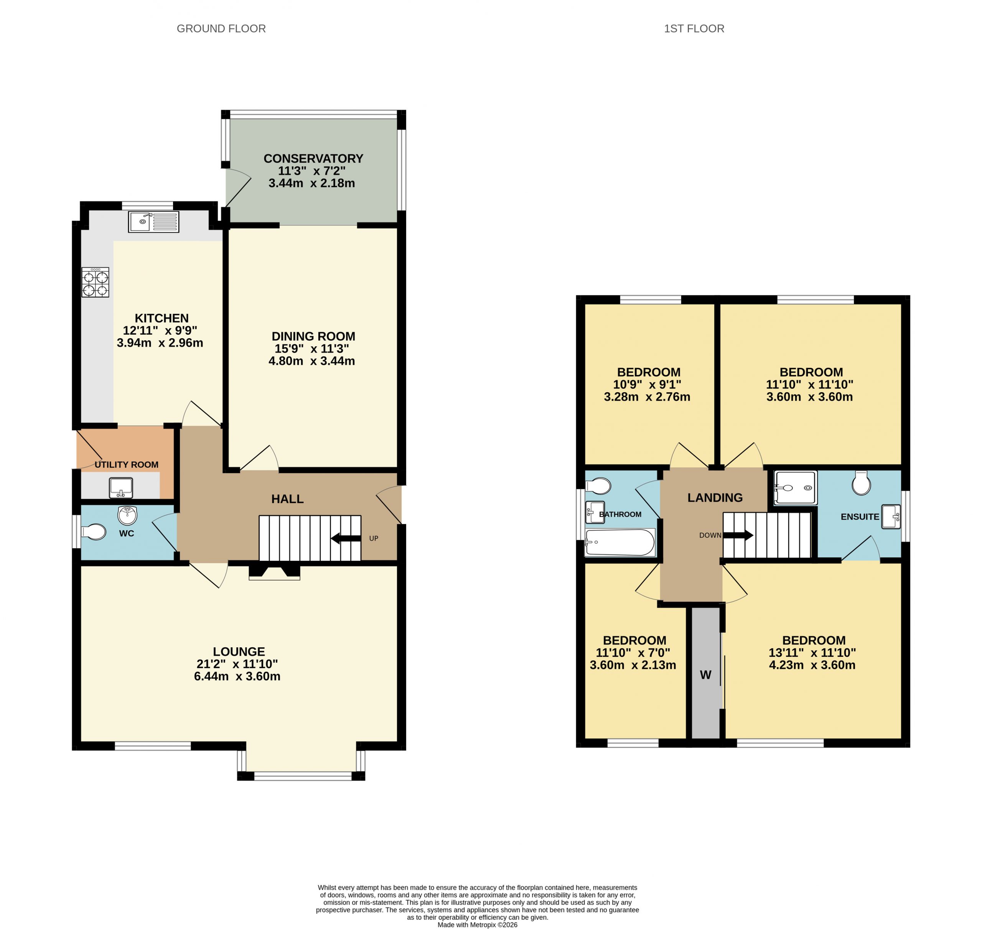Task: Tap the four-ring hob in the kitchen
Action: coord(95,282)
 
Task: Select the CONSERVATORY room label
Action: coord(313,158)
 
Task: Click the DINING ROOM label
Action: coord(313,336)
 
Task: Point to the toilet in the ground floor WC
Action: coord(94,532)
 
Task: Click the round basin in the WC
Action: coord(127,516)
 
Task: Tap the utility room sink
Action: coord(121,488)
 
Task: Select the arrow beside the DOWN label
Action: coord(738,535)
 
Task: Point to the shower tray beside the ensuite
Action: coord(795,488)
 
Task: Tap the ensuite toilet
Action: coord(861,483)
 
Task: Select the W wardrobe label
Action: coord(705,674)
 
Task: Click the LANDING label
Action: coord(715,498)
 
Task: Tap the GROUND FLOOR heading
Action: coord(221,29)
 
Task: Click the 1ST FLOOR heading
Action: coord(694,29)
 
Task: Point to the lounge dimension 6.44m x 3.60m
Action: coord(237,676)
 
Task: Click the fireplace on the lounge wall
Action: coord(274,572)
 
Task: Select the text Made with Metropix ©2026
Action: coord(478,924)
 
